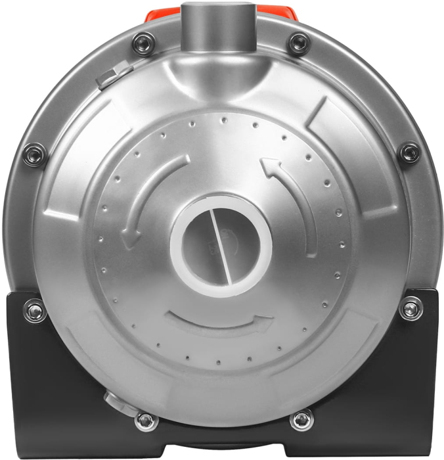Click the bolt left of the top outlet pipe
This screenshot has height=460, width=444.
coord(143,44)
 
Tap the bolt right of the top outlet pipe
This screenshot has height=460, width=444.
coord(299,44)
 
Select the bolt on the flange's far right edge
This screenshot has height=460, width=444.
coord(410,153)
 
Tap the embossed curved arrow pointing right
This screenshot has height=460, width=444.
coord(220,323)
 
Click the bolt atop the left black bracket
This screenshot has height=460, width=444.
coord(35,310)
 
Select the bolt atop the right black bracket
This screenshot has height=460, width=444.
coord(411,308)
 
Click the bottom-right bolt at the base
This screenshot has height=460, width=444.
coord(301,419)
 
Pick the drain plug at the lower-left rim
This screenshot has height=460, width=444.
coord(112,399)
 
